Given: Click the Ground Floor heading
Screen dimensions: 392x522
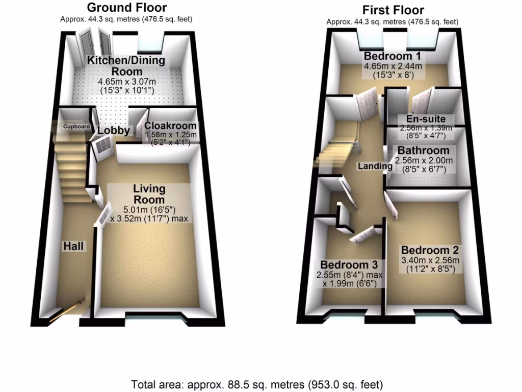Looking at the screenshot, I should (x=126, y=8).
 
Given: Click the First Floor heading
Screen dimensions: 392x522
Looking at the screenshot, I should (x=393, y=10).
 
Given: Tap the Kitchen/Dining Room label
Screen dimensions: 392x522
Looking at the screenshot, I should (x=126, y=66).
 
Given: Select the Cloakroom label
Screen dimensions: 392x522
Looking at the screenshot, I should (x=170, y=126).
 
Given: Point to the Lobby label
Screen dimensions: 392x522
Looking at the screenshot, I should (x=113, y=131).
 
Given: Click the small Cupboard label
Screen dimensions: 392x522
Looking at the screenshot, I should (x=76, y=127).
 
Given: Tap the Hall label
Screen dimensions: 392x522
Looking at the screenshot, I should (x=73, y=246).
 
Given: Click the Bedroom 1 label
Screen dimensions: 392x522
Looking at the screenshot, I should (x=393, y=56).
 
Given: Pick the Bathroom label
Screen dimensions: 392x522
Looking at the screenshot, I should (x=423, y=151).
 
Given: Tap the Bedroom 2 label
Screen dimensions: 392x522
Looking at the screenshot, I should (x=430, y=251).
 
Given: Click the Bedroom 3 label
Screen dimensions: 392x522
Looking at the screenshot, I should (x=349, y=265).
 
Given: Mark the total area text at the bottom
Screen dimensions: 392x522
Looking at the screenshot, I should (x=257, y=384).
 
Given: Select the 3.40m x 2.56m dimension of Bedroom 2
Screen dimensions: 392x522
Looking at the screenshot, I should (x=430, y=260).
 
